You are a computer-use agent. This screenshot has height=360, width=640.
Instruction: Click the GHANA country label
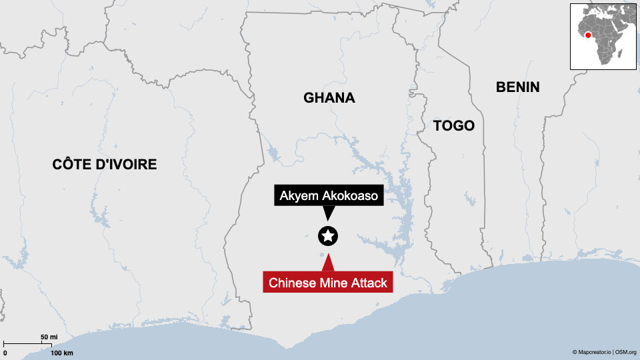click(329, 98)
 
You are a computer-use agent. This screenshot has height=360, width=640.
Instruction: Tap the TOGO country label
click(453, 125)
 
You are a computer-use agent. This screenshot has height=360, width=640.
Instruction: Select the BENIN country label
click(517, 87)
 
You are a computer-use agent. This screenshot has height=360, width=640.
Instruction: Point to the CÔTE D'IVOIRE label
click(105, 164)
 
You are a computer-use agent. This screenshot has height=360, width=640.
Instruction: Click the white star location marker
click(328, 235)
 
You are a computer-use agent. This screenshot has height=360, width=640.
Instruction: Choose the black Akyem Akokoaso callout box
click(328, 196)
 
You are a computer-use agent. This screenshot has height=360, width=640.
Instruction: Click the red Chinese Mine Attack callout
click(328, 283)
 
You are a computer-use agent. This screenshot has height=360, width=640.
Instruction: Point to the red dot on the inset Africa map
click(588, 35)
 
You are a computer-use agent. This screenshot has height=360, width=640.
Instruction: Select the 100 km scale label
click(61, 352)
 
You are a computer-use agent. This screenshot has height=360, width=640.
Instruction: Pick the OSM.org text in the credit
click(626, 352)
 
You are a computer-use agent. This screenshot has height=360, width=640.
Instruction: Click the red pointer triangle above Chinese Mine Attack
click(328, 264)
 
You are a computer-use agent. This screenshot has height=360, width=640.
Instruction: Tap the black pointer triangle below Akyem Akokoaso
click(328, 213)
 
